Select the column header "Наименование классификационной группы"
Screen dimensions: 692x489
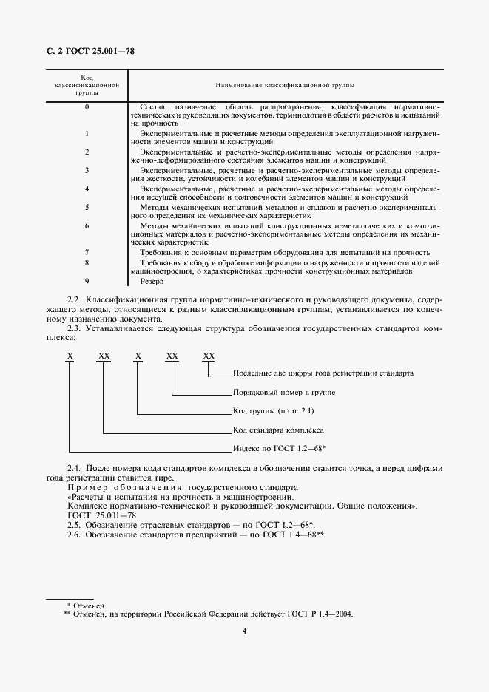(x=285, y=86)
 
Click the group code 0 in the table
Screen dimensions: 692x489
(x=87, y=108)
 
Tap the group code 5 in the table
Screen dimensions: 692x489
(x=87, y=208)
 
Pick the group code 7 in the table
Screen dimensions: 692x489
(x=87, y=252)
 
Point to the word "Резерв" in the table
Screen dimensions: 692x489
(x=151, y=281)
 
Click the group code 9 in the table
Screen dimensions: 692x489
(x=87, y=281)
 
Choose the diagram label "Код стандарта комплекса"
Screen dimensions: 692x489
(x=279, y=430)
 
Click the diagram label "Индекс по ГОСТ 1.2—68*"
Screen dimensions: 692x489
(x=280, y=449)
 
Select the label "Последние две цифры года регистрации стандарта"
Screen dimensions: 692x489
(x=323, y=374)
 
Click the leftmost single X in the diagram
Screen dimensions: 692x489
(x=70, y=356)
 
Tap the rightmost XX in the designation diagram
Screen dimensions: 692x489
(x=209, y=356)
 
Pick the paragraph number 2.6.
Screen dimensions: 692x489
(x=74, y=535)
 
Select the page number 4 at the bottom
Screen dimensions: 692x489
(x=244, y=631)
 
